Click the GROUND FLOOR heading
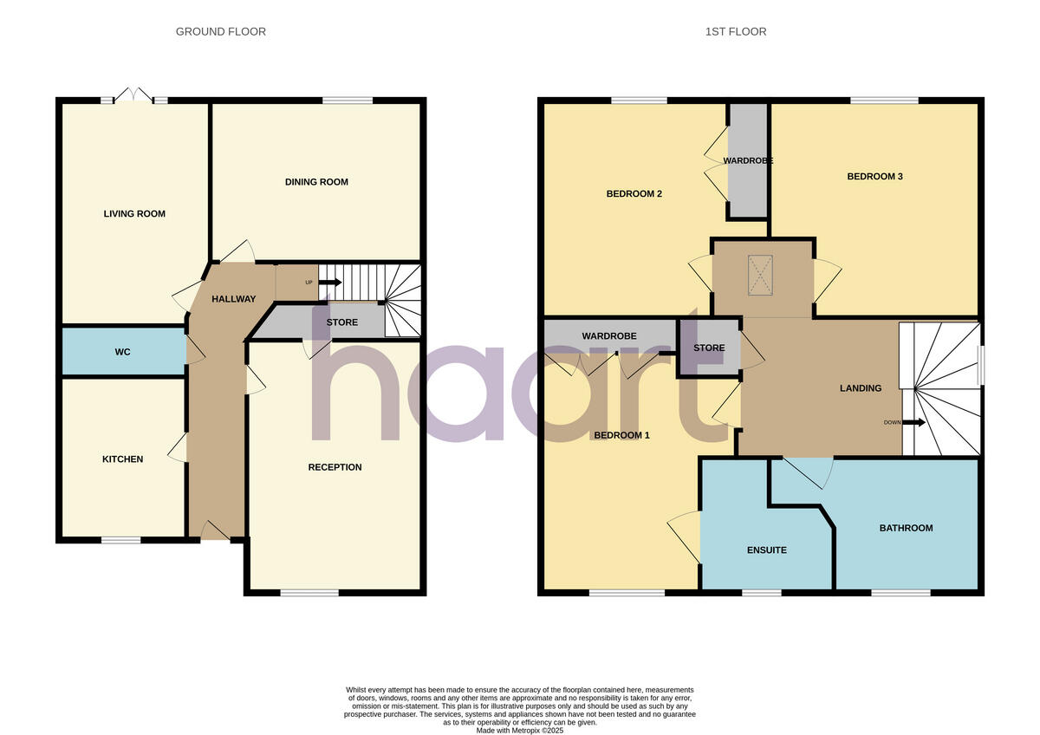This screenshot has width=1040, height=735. click(221, 32)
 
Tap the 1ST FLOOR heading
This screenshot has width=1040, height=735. click(736, 32)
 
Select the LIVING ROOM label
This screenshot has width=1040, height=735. click(134, 214)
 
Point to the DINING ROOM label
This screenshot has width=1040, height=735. click(316, 182)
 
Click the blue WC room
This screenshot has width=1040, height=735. click(122, 352)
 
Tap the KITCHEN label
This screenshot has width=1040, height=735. click(123, 459)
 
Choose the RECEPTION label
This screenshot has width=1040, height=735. click(335, 467)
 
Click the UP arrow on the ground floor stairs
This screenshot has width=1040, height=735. click(329, 282)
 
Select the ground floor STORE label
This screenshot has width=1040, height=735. click(341, 322)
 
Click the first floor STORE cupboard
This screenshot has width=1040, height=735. click(709, 348)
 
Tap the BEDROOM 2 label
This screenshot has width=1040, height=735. click(634, 194)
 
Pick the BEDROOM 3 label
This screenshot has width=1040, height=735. click(874, 177)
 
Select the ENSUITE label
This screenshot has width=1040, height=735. click(767, 550)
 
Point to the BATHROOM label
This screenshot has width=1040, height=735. click(906, 528)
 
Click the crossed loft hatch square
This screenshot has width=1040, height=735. click(761, 275)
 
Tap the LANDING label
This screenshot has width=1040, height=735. click(860, 388)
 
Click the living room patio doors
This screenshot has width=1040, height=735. click(134, 97)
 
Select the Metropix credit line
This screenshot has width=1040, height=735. click(520, 731)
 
